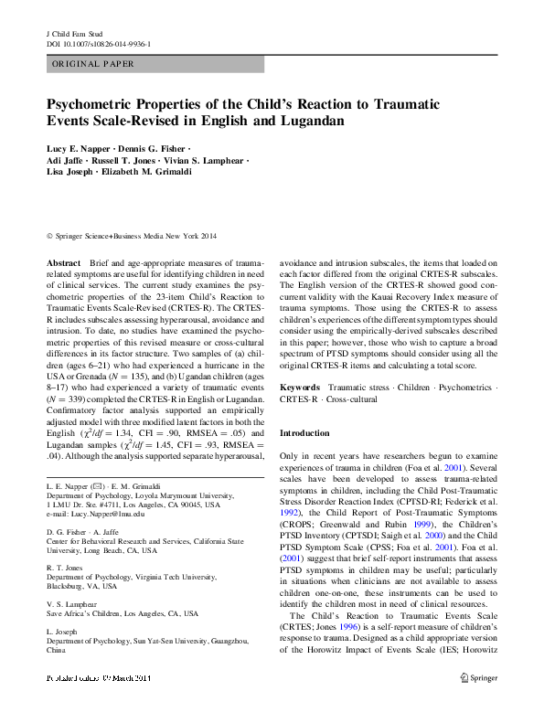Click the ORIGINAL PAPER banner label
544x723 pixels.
93,64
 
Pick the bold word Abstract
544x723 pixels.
63,261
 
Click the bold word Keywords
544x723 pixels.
299,388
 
